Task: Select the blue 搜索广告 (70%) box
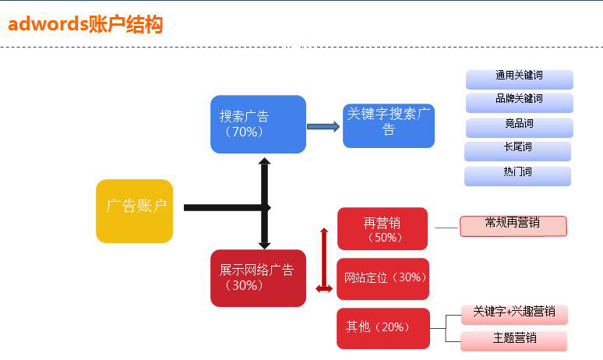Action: coord(258,124)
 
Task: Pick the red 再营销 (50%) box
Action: coord(382,229)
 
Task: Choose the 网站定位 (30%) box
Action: coord(383,278)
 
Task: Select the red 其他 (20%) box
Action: coord(383,328)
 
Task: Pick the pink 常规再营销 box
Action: coord(513,225)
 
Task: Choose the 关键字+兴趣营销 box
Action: coord(513,313)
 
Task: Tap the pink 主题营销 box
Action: coord(513,340)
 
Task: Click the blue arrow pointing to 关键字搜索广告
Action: coord(323,126)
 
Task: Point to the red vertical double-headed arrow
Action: coord(324,260)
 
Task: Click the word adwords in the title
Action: coord(47,24)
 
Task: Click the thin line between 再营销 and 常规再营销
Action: coord(446,228)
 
